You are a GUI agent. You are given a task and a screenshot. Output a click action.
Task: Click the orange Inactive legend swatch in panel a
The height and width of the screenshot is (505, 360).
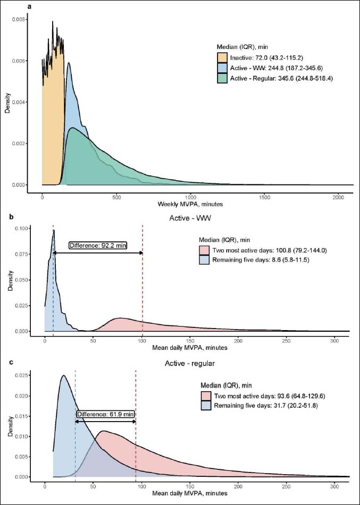222,57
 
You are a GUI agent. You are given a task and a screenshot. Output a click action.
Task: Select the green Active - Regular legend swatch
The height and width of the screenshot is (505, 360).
222,78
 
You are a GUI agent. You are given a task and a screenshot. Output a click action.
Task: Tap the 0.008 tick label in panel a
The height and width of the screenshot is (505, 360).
19,19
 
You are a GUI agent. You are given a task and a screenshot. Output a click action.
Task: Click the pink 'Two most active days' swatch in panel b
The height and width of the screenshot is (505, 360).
205,250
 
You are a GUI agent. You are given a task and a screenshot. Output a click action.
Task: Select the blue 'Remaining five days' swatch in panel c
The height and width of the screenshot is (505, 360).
205,405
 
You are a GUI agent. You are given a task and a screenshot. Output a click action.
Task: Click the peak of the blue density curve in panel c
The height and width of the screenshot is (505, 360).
63,375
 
